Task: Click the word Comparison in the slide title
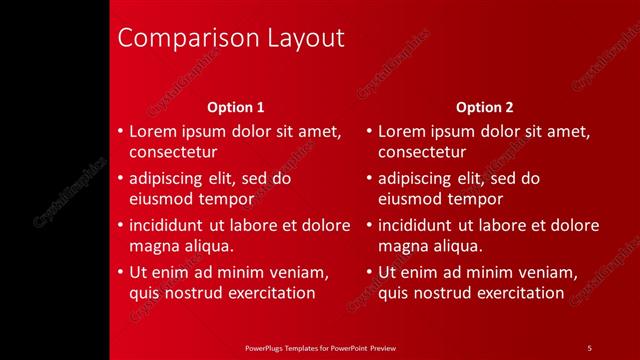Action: (187, 39)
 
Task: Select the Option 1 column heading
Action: (236, 107)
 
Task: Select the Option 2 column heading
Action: (485, 107)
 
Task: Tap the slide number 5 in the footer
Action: (589, 347)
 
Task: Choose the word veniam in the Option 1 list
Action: (295, 272)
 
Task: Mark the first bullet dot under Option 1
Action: (121, 132)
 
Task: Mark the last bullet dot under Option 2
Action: (370, 272)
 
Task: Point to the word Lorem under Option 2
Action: (401, 132)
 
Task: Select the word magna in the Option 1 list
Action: (153, 246)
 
